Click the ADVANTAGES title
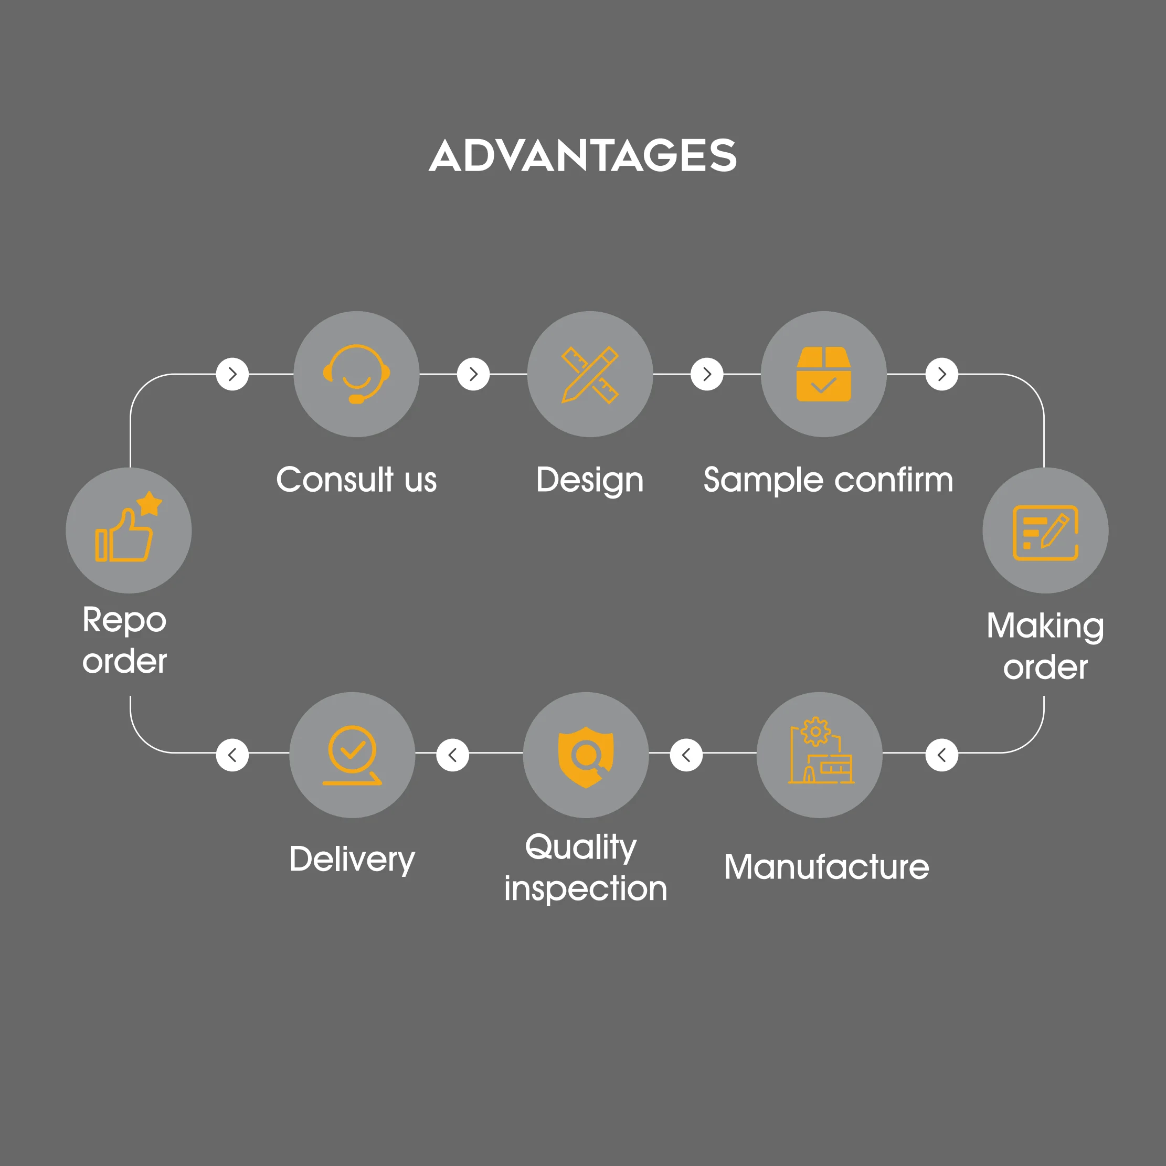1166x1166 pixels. (582, 155)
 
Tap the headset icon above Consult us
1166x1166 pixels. (356, 374)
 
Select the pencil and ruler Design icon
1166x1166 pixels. (590, 374)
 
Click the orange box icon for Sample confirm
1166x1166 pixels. (823, 374)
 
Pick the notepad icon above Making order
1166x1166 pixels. (1045, 532)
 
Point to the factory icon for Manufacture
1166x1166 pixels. (820, 751)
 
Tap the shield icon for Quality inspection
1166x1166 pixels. (586, 756)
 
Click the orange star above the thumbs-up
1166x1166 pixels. (149, 503)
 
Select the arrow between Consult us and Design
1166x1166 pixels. (473, 374)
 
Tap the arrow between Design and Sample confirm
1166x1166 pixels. (707, 374)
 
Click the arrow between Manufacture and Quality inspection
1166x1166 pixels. (686, 755)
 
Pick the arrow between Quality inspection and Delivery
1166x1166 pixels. (453, 755)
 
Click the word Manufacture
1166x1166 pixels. (826, 867)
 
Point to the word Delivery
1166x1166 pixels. (352, 860)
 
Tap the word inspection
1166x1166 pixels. (586, 888)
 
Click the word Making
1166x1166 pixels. (1045, 626)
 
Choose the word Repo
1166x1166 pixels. (124, 620)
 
